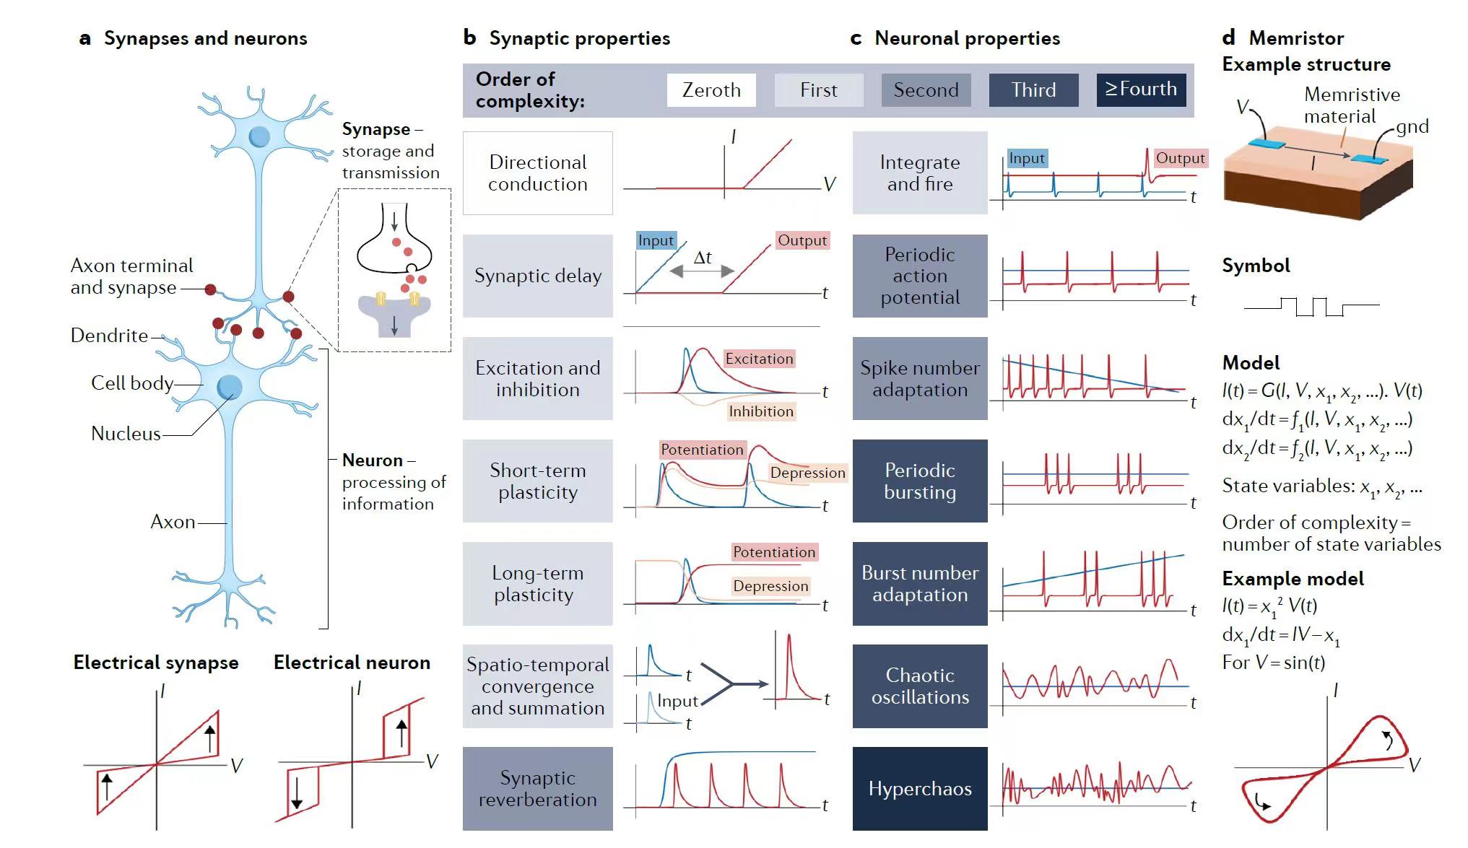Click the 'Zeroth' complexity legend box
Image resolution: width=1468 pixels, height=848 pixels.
(x=711, y=90)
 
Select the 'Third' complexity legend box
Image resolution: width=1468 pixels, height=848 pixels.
(x=1033, y=90)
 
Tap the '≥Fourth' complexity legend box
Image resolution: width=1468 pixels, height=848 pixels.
(x=1141, y=90)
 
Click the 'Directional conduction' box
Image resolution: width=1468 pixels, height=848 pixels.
(x=537, y=173)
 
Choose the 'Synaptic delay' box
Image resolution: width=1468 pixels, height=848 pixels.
(x=537, y=276)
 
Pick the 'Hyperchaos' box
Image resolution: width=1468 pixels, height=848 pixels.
(x=920, y=789)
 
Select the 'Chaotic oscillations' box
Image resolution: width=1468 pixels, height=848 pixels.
(x=920, y=686)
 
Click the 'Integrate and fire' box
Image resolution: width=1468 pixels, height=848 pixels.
(x=920, y=173)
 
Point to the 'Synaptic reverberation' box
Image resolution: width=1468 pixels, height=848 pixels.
(x=537, y=789)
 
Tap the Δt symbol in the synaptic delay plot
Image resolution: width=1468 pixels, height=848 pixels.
(x=703, y=258)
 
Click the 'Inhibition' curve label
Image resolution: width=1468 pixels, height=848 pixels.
(x=761, y=411)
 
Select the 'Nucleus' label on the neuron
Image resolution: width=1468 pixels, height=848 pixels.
(x=126, y=434)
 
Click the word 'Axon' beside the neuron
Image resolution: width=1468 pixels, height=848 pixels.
(x=173, y=522)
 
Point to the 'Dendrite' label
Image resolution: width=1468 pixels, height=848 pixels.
(x=109, y=336)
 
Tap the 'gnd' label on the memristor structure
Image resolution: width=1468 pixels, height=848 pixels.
(x=1412, y=127)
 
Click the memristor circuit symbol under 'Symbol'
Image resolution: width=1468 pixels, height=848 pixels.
(x=1311, y=306)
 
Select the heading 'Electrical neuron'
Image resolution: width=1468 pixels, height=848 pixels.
(x=352, y=663)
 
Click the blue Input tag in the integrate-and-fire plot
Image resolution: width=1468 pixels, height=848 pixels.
(x=1027, y=158)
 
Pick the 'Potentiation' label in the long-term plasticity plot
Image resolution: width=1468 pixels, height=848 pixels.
(x=774, y=552)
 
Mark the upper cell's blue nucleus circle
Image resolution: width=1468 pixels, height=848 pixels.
(x=259, y=136)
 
